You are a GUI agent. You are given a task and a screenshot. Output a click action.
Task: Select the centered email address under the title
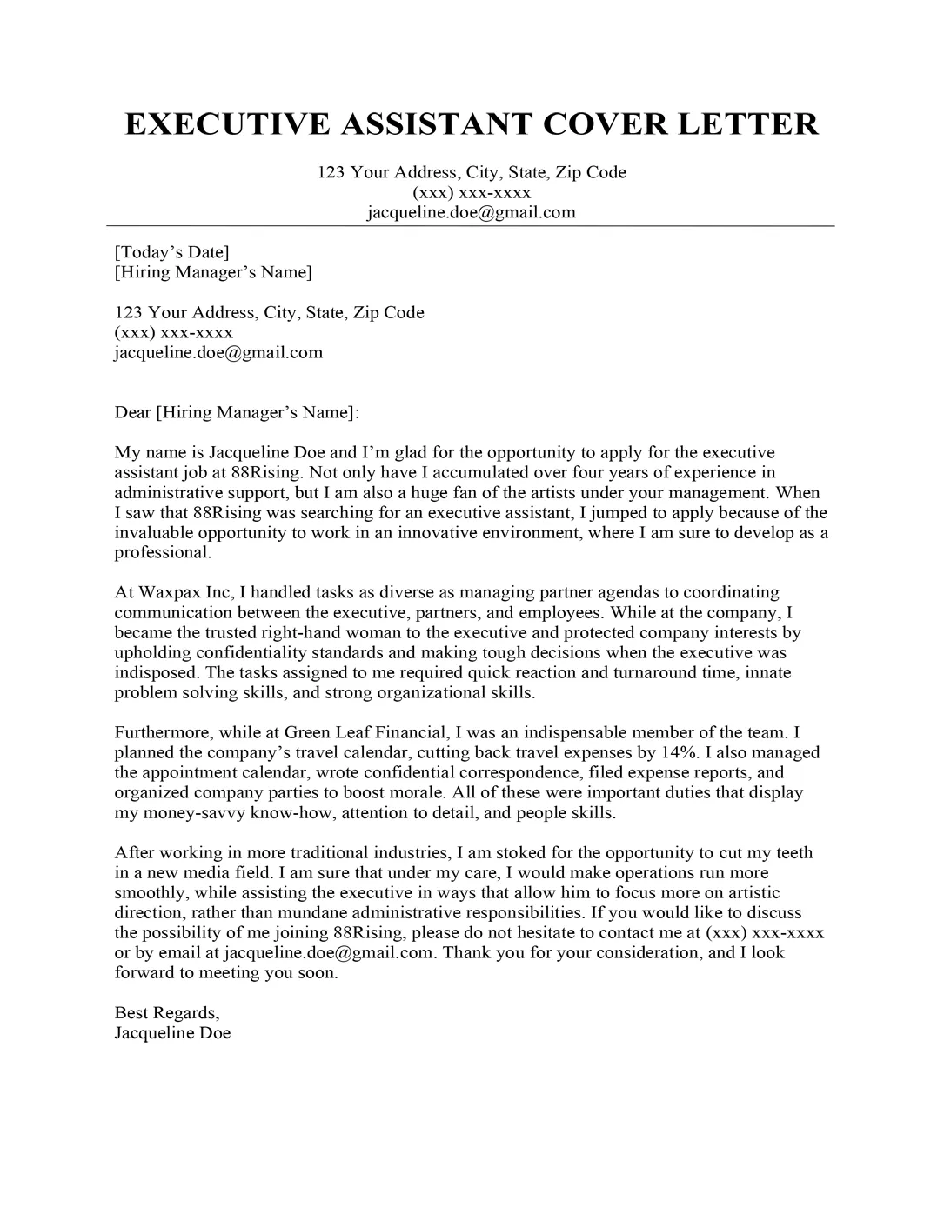[471, 212]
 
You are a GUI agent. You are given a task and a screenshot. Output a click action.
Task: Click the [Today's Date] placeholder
[171, 252]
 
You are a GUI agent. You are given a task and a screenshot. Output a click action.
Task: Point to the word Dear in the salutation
[132, 412]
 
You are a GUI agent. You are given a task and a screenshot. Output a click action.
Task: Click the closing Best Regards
[167, 1013]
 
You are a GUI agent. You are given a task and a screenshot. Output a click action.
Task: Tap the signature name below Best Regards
[172, 1033]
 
